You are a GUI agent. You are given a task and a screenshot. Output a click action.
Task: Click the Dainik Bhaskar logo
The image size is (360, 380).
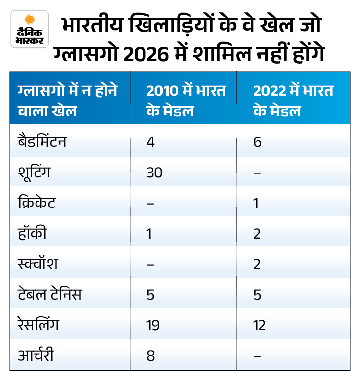30,29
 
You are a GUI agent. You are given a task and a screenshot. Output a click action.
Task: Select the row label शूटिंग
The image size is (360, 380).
34,173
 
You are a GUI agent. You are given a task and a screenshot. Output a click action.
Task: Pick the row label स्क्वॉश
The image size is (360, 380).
37,264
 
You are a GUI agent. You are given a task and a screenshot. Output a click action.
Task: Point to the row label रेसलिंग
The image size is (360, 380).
38,325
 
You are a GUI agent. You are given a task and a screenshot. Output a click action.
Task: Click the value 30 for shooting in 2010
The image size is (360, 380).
154,173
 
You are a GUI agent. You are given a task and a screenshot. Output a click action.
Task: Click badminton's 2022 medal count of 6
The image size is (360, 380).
257,142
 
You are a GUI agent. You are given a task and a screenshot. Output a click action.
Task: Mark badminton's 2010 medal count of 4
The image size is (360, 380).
150,142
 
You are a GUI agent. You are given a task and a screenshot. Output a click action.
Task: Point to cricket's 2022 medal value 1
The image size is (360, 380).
256,203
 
